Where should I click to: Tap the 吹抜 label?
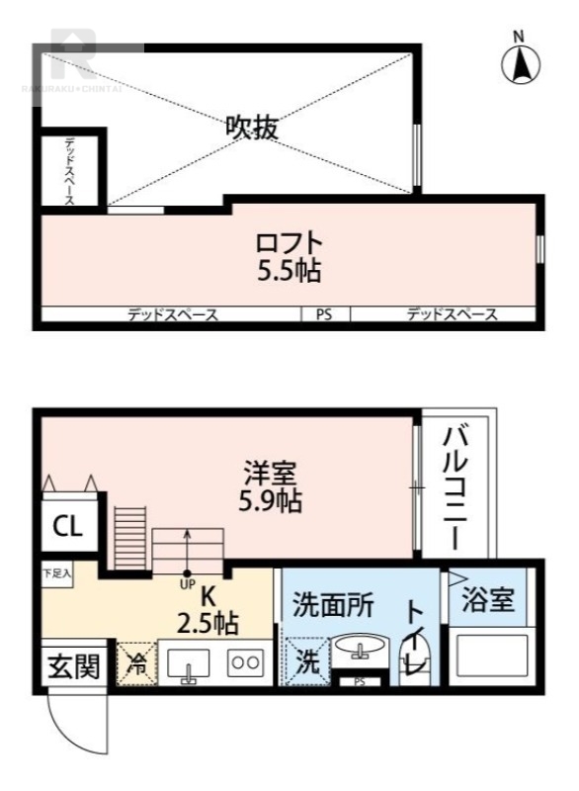coord(252,127)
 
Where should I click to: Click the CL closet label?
coord(67,526)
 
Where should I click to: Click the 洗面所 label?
coord(333,605)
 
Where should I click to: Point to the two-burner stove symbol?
coord(244,663)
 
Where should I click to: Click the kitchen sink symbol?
coord(186,664)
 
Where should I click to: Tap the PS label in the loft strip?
coord(323,315)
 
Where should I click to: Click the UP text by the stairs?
coord(187,582)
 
